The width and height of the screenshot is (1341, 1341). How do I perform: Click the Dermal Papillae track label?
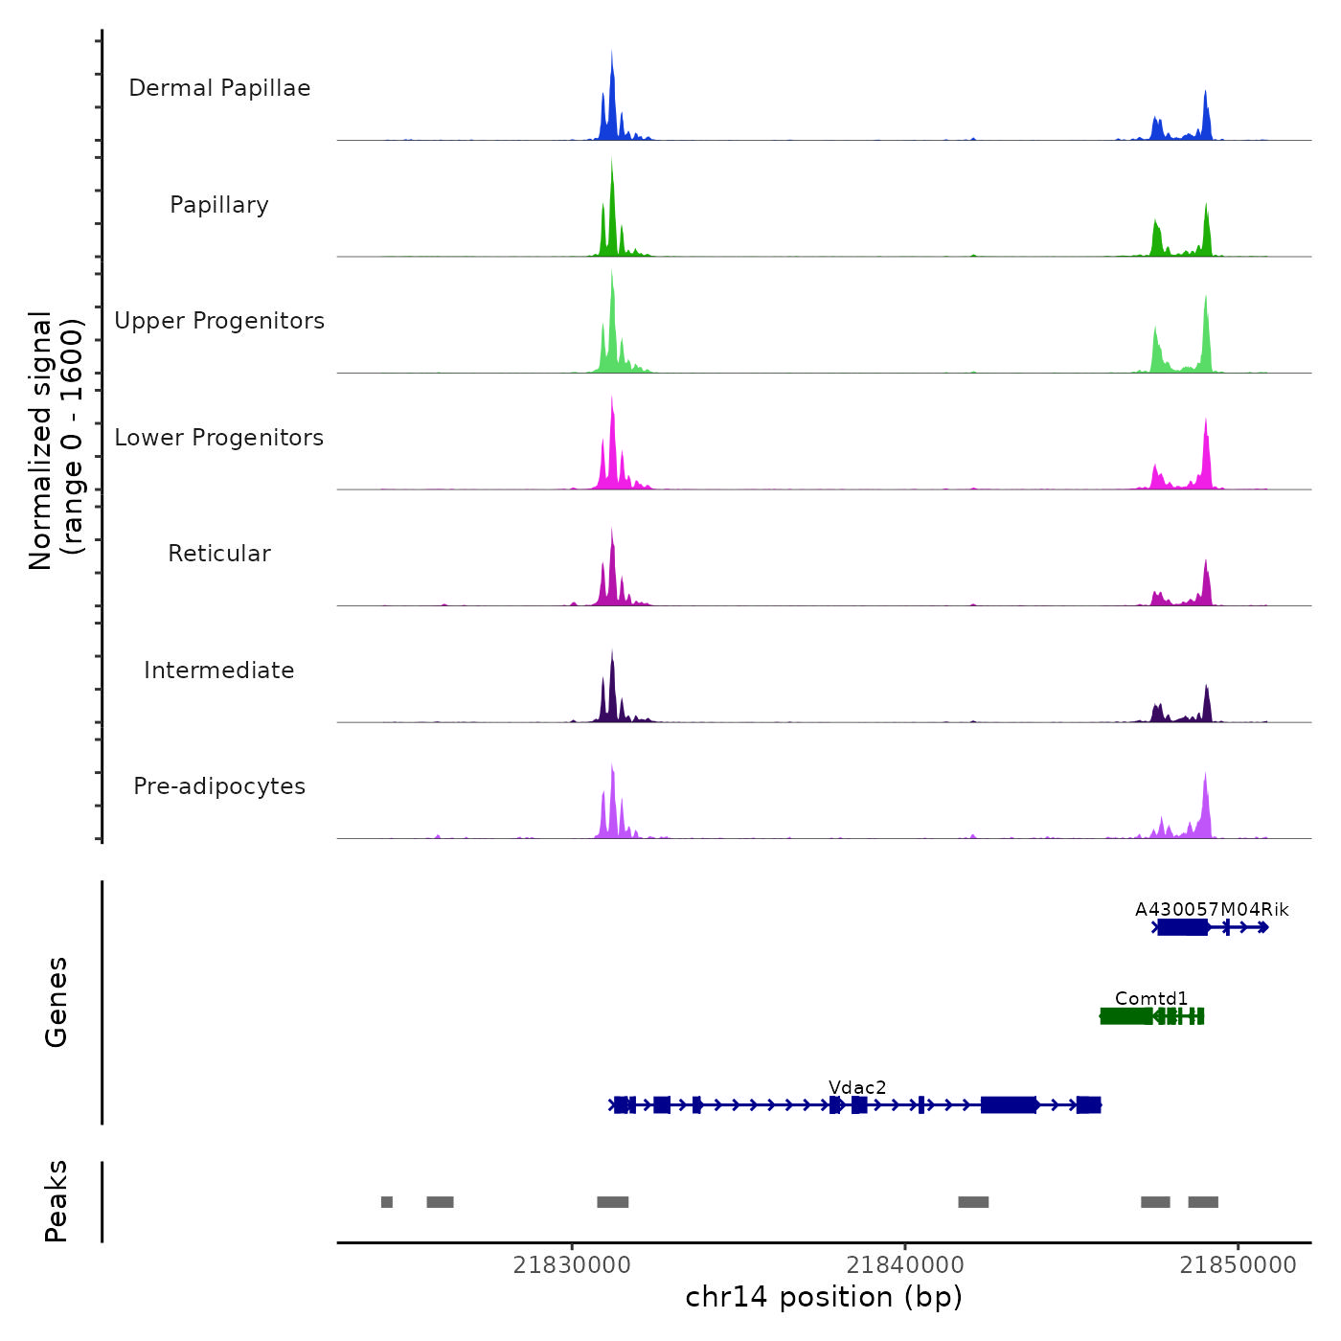point(219,88)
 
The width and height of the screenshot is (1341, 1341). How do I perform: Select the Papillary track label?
point(219,205)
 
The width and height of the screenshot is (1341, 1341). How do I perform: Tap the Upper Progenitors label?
point(219,321)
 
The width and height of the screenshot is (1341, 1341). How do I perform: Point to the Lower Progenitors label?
point(219,438)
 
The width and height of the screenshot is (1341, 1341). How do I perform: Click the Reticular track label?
point(219,554)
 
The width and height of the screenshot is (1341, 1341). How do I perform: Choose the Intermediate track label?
point(219,670)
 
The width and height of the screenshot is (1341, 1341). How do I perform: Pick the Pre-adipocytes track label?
point(219,786)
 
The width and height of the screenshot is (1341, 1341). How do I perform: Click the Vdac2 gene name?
point(857,1087)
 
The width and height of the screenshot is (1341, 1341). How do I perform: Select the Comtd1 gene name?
point(1150,998)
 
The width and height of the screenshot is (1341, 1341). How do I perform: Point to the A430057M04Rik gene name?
point(1212,909)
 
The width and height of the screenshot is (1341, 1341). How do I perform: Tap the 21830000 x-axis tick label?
point(572,1264)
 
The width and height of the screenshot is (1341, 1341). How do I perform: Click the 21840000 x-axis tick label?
point(905,1264)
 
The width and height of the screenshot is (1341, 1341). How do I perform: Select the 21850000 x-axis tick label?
point(1238,1264)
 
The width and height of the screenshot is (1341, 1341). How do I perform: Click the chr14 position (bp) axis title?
point(824,1297)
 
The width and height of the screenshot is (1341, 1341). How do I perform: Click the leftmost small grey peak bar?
point(387,1202)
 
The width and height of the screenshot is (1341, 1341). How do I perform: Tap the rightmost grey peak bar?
point(1203,1202)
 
